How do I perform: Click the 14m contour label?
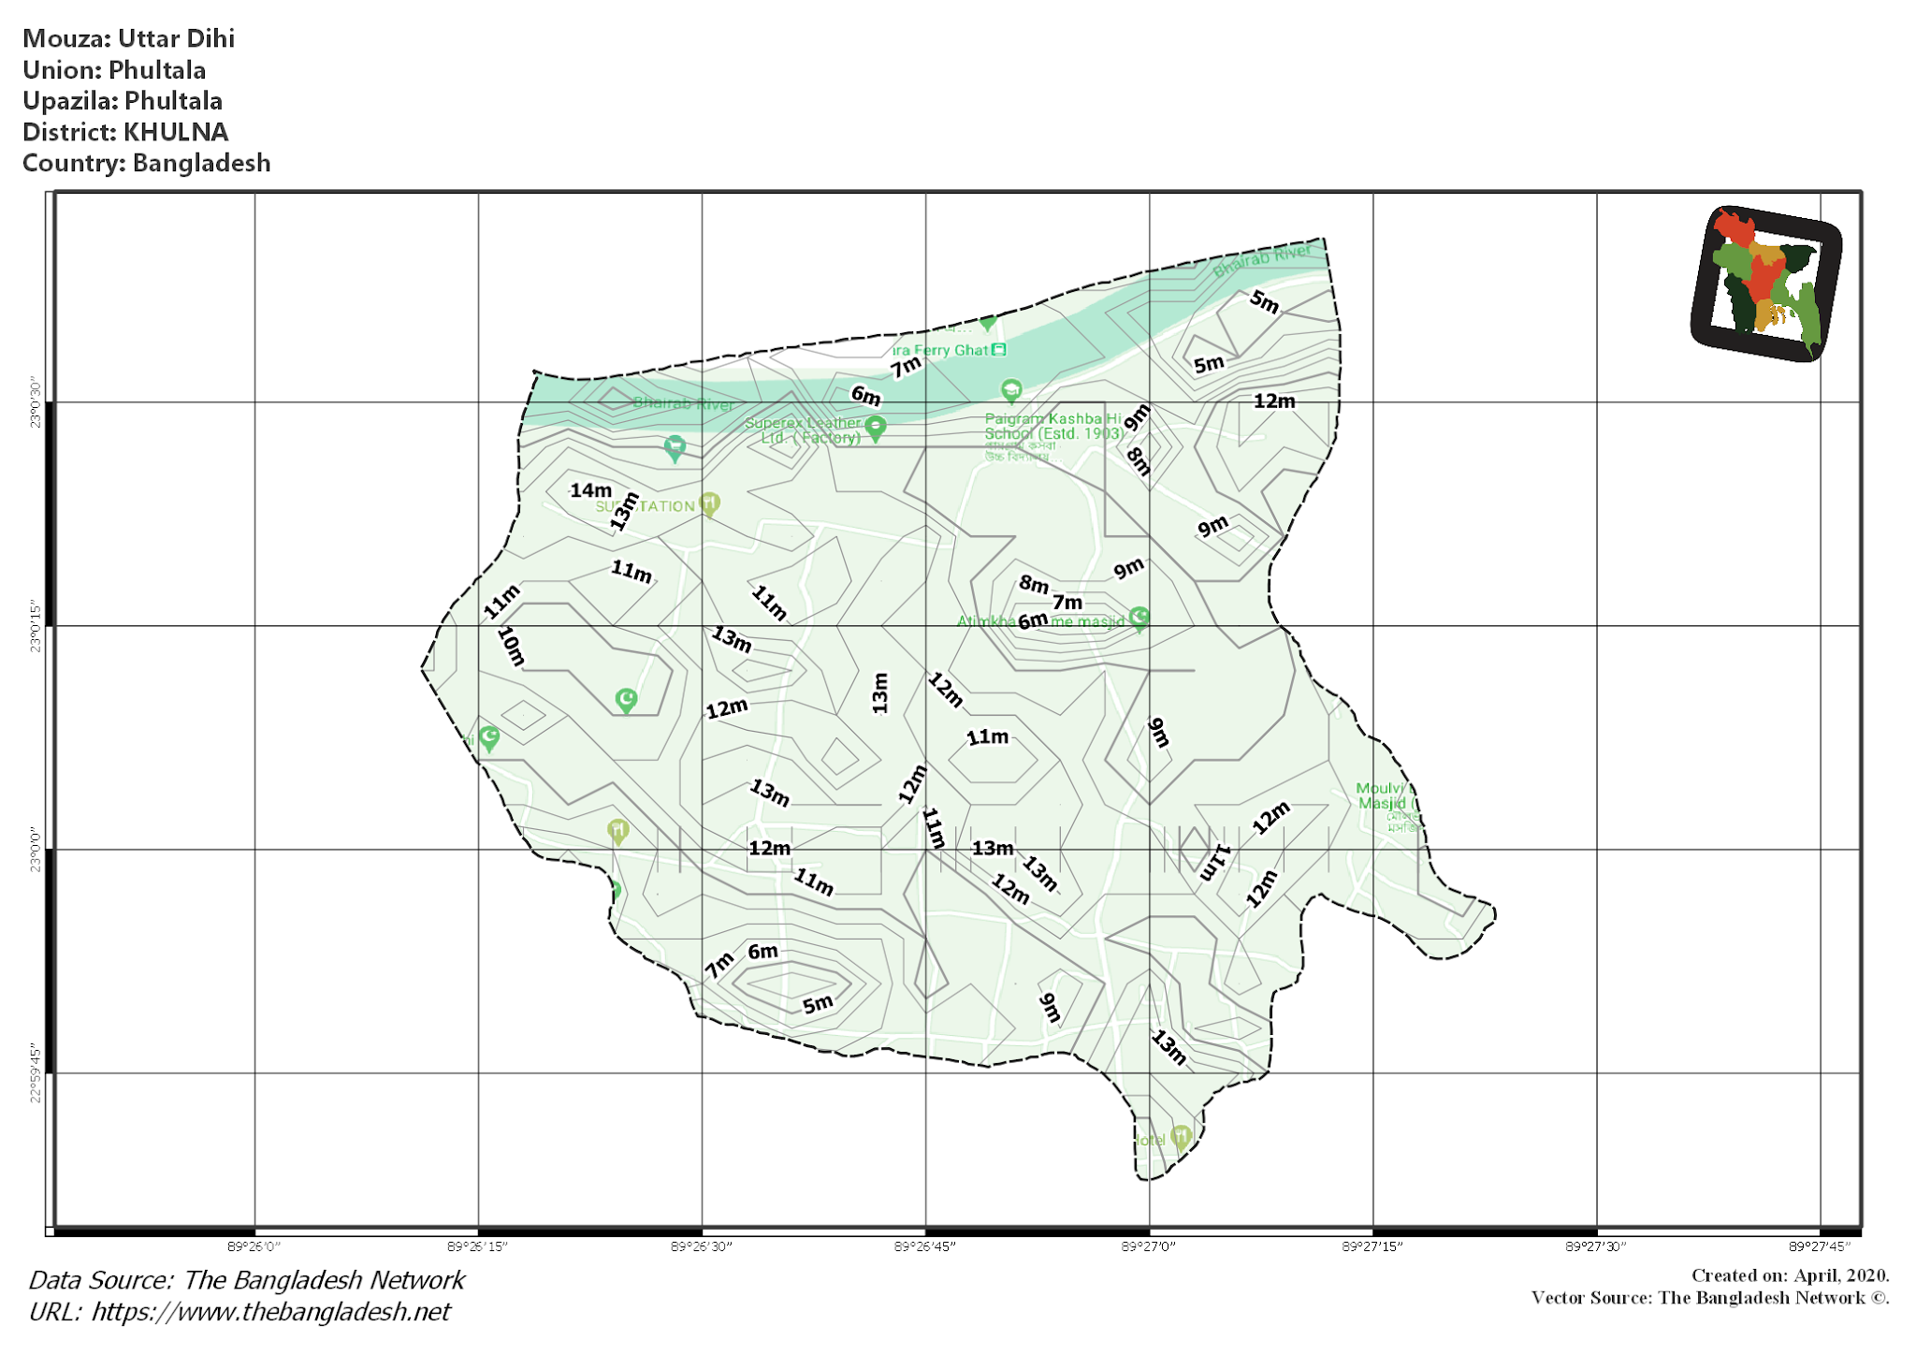[590, 490]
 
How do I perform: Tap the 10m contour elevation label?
[511, 646]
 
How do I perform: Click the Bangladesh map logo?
[1766, 284]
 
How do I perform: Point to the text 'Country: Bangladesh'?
[146, 163]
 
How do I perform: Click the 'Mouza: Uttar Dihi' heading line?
[128, 38]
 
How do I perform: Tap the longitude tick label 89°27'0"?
[1148, 1246]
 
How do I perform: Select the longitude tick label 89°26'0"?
[254, 1246]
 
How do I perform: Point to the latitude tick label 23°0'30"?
[36, 403]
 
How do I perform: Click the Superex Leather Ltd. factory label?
[803, 430]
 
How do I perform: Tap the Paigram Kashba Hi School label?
[1053, 427]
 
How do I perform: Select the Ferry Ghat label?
[940, 350]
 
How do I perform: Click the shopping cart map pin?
[675, 446]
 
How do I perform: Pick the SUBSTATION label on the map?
[646, 506]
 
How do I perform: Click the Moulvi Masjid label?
[1385, 795]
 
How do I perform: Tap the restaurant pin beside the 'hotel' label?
[1181, 1136]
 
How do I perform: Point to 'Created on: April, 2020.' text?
[1790, 1275]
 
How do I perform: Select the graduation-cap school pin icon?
[1010, 389]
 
